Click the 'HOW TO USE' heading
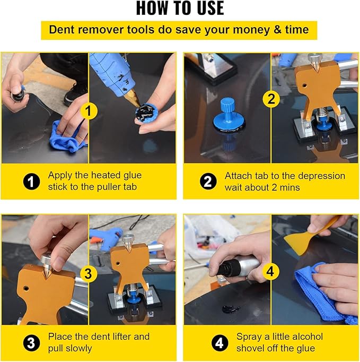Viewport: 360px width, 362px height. click(x=180, y=8)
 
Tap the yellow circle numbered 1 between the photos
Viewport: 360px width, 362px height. click(x=89, y=110)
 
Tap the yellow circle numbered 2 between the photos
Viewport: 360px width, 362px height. click(x=271, y=99)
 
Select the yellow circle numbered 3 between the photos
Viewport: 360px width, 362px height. click(x=88, y=274)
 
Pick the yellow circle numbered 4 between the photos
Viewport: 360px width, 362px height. click(x=270, y=271)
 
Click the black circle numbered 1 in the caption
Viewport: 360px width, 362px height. click(x=32, y=182)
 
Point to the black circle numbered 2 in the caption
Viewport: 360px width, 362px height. click(x=208, y=182)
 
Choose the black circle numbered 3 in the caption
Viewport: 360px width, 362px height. click(x=32, y=343)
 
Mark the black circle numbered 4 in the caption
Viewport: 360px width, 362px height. click(x=219, y=343)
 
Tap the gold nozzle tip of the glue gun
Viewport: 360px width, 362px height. click(x=132, y=98)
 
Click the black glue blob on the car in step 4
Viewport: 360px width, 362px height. click(x=231, y=308)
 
